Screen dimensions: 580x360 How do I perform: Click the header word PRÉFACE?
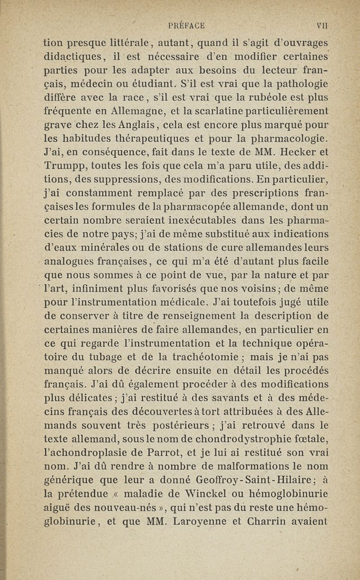tap(186, 26)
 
